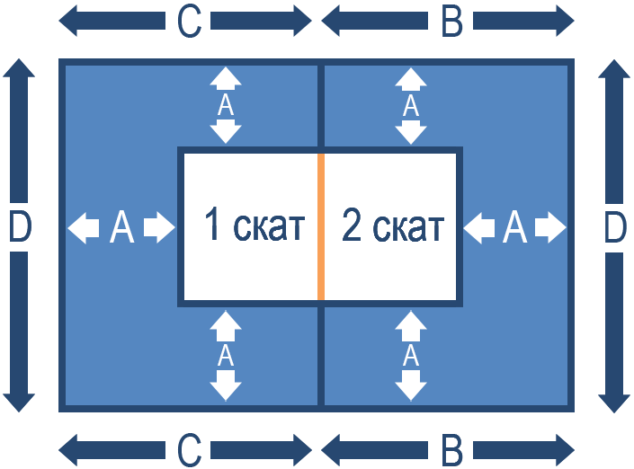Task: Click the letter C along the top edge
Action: tap(189, 22)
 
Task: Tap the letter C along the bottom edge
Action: tap(189, 448)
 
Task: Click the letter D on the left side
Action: tap(19, 228)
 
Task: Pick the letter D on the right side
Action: tap(614, 228)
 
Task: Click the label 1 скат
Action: tap(254, 226)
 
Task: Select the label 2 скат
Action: tap(393, 227)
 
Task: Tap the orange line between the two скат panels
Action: tap(321, 226)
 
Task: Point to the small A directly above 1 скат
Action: tap(226, 106)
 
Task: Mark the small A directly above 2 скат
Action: tap(411, 106)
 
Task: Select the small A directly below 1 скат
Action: tap(226, 356)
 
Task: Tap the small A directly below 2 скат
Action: tap(411, 356)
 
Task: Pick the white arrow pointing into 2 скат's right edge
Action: tap(478, 227)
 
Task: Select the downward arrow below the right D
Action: tap(614, 332)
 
